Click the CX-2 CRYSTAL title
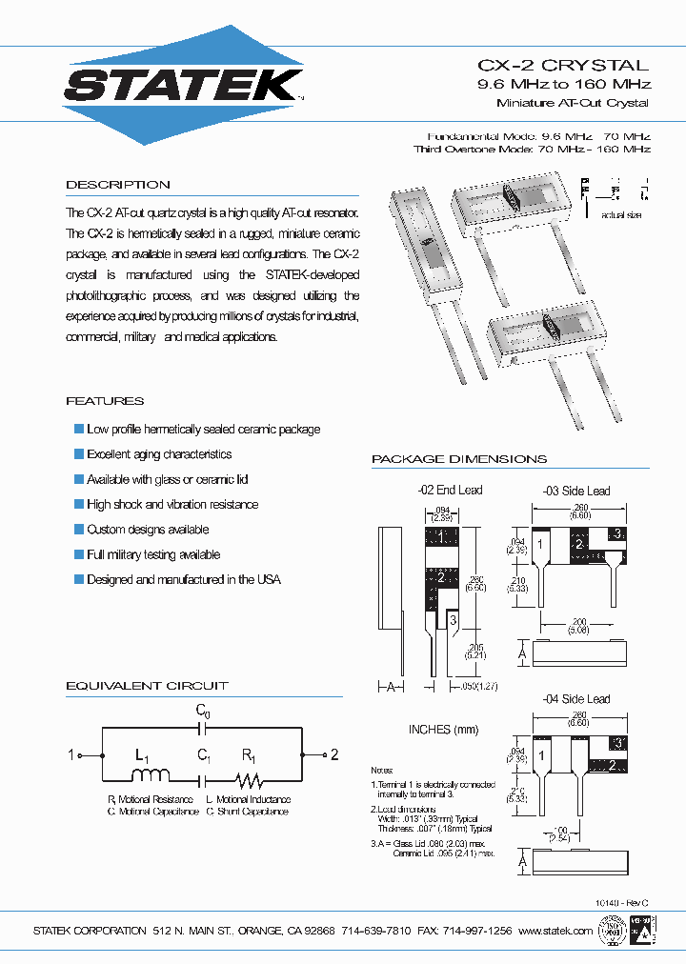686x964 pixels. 562,66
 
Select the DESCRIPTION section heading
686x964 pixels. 118,185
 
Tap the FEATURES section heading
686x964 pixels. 105,401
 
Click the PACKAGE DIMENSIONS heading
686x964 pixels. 459,459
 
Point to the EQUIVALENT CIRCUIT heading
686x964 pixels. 147,686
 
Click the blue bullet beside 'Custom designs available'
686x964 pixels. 79,530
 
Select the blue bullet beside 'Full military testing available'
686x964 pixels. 79,554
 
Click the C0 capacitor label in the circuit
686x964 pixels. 203,710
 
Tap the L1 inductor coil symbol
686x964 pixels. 151,775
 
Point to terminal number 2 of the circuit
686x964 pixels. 334,755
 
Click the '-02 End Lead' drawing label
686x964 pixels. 450,491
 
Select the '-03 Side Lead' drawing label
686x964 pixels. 575,491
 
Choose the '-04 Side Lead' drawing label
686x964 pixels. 575,699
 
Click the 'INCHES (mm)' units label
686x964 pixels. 443,730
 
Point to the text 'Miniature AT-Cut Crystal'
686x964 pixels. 573,103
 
